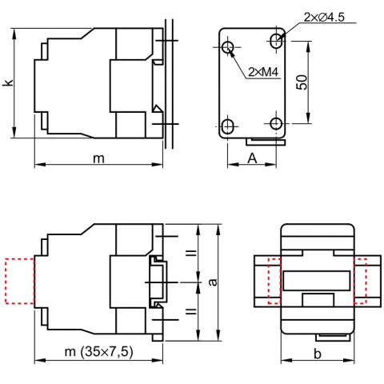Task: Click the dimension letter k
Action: [8, 82]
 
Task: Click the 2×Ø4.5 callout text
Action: [324, 18]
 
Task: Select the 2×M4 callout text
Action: [263, 72]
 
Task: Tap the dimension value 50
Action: [302, 82]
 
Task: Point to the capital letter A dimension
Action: [252, 158]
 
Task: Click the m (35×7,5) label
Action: [98, 351]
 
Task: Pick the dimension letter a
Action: [213, 282]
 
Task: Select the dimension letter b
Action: [318, 354]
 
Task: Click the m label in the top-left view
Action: [98, 159]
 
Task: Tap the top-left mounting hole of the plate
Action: [227, 47]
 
